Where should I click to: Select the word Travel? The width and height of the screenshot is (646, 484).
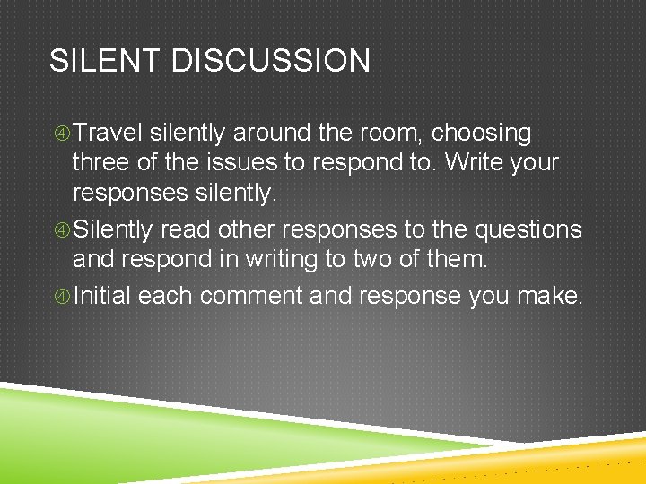[108, 134]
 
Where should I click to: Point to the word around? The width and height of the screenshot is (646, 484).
[275, 134]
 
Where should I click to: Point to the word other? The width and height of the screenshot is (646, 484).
[254, 230]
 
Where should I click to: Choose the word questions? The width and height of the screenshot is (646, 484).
[528, 230]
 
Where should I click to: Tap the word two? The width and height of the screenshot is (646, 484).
[386, 261]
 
